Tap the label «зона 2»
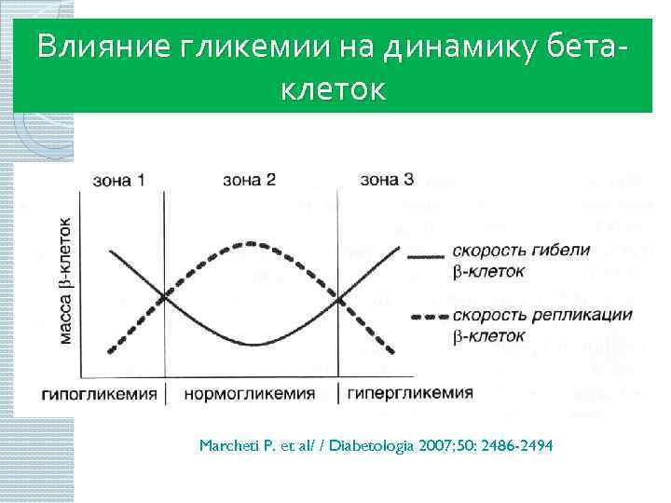pyautogui.click(x=250, y=179)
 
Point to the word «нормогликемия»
pyautogui.click(x=250, y=393)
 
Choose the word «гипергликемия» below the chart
pyautogui.click(x=410, y=392)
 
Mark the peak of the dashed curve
pyautogui.click(x=251, y=244)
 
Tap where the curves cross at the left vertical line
pyautogui.click(x=164, y=297)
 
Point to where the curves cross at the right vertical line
pyautogui.click(x=338, y=298)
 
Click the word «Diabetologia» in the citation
pyautogui.click(x=370, y=446)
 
